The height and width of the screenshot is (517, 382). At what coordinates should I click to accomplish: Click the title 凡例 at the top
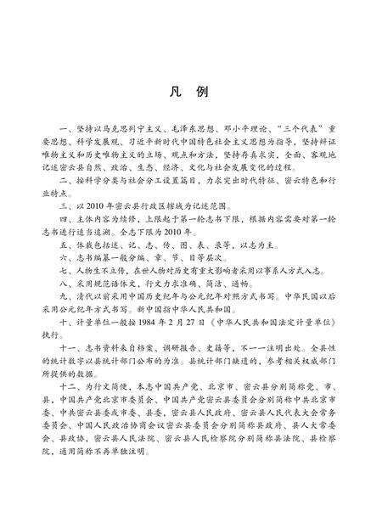point(191,92)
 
